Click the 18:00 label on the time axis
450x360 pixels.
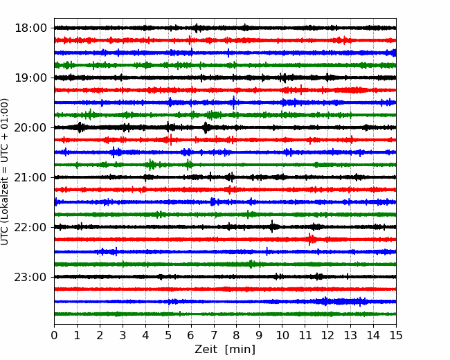tap(30, 28)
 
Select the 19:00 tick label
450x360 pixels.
tap(30, 78)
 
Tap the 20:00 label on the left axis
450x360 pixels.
tap(30, 127)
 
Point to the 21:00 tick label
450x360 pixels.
tap(30, 177)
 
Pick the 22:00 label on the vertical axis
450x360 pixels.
tap(30, 227)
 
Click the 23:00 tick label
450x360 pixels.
tap(30, 277)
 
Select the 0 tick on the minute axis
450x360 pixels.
tap(54, 335)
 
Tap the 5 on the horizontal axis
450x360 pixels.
tap(168, 335)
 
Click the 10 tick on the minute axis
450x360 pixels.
tap(282, 335)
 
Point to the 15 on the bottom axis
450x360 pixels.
tap(396, 335)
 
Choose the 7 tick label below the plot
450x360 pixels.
tap(214, 335)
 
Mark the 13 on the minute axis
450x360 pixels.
tap(350, 335)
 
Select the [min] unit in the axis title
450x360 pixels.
tap(240, 350)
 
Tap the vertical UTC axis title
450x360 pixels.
tap(5, 172)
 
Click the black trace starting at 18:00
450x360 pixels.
tap(225, 28)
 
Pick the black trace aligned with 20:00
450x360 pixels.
tap(225, 127)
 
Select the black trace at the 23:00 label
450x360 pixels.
tap(225, 277)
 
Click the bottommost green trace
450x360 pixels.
tap(225, 314)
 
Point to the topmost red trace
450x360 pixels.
tap(225, 40)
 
